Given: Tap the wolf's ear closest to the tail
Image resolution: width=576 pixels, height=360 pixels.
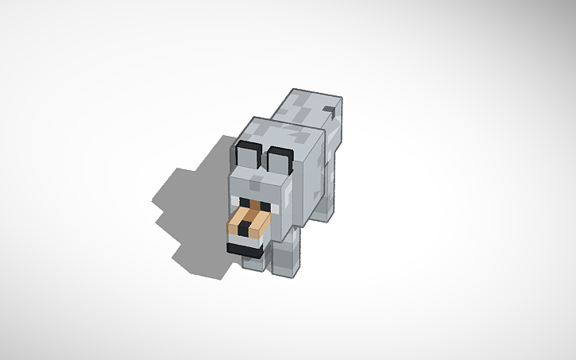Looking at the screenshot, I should coord(280,160).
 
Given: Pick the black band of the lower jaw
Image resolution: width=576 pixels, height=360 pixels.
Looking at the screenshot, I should coord(243,249).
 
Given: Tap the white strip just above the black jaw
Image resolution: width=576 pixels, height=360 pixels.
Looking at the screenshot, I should coord(245,240).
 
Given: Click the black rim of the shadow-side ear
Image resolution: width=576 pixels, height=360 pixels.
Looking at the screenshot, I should coord(243,147).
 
